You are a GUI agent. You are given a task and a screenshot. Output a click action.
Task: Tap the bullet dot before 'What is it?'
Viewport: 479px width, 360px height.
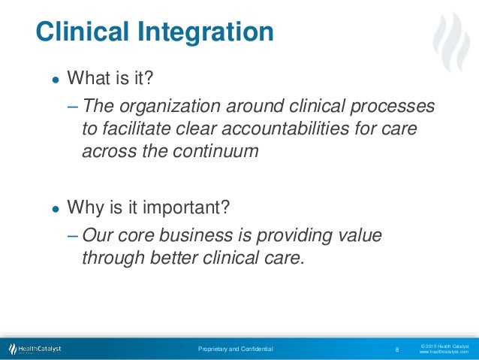55,80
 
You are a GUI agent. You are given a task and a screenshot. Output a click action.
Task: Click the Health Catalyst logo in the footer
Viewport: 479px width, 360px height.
35,349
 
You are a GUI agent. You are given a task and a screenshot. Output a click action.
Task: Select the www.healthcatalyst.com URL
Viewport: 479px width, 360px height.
443,352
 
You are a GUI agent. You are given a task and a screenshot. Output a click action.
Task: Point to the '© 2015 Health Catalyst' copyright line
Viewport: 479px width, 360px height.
443,345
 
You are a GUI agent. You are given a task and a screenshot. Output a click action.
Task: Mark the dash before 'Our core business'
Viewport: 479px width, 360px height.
72,235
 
